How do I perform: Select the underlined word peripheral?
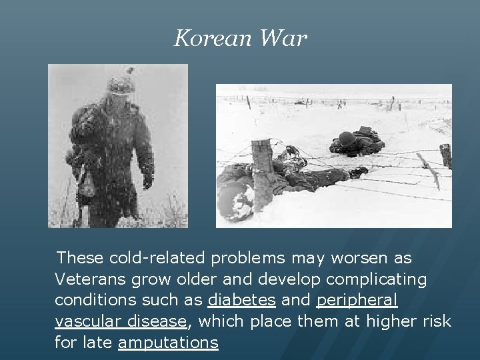(357, 300)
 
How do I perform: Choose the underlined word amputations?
(168, 343)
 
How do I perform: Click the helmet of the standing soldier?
(121, 85)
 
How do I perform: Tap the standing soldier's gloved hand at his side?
(147, 181)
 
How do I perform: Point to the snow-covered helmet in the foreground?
(235, 200)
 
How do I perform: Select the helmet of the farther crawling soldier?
(346, 139)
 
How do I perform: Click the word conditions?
(93, 300)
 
